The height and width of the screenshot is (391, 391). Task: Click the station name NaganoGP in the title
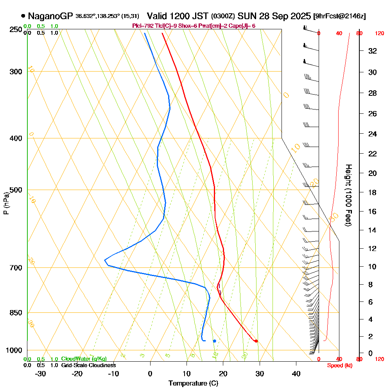50,16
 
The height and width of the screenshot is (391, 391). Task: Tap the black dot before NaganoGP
23,16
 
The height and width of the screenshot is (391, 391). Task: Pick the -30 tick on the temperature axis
41,373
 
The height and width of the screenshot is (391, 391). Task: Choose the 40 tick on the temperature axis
296,373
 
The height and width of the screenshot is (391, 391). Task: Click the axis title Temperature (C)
193,384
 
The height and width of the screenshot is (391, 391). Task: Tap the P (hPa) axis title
6,203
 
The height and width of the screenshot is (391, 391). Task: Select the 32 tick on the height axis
372,51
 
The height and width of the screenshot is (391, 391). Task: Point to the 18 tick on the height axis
372,192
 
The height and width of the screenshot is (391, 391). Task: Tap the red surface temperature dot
256,341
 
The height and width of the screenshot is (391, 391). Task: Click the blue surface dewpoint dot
214,341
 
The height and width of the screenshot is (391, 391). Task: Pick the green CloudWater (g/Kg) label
84,359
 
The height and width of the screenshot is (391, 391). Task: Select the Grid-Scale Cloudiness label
88,365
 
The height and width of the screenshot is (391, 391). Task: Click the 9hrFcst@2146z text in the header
340,16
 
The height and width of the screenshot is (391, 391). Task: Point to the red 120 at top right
379,34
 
